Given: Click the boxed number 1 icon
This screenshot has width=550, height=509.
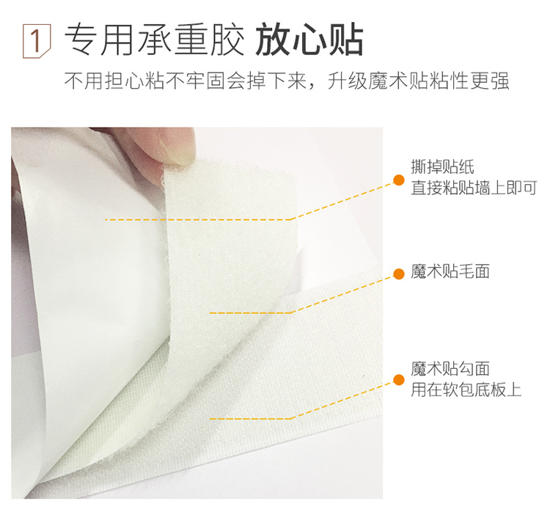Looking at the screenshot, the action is [x=37, y=40].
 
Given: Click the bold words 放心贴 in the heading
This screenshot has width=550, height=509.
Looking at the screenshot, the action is [x=309, y=40].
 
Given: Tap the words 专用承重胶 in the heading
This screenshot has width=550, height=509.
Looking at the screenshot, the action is [x=154, y=40].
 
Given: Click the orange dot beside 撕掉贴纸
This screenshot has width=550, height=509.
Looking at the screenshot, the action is [x=398, y=180].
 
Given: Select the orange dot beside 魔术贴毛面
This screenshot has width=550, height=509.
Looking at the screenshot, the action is [x=398, y=274].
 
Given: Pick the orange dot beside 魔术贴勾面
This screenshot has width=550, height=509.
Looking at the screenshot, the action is [x=398, y=380].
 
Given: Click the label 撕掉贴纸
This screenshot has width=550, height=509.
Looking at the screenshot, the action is [x=442, y=167].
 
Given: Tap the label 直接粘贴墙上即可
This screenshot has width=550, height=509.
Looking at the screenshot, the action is [x=474, y=188].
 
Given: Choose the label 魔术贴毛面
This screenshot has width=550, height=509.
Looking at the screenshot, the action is [x=450, y=272].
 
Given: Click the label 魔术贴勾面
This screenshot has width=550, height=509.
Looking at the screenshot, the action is [x=450, y=369].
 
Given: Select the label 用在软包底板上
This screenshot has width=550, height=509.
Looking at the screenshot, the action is [x=466, y=389].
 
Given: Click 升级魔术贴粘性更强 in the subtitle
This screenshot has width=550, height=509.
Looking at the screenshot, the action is [x=418, y=81].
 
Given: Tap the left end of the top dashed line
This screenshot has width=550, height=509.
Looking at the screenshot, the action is [x=105, y=219].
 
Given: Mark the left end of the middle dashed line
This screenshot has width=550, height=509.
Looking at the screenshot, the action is [x=210, y=313].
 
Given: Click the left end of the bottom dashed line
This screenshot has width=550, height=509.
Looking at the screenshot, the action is [x=210, y=419].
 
